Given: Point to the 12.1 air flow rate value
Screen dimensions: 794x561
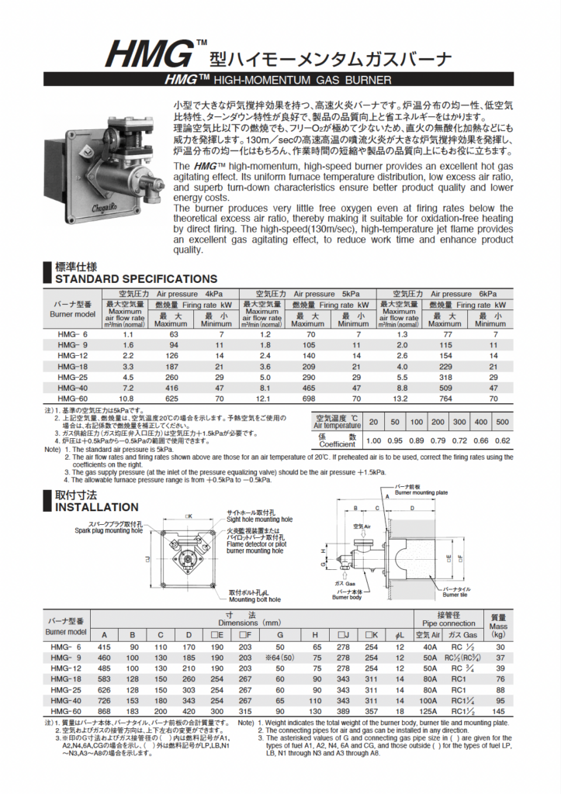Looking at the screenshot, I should click(265, 398).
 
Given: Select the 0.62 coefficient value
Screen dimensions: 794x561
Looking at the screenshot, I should click(502, 440).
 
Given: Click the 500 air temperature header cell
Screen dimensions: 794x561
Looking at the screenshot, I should click(502, 422).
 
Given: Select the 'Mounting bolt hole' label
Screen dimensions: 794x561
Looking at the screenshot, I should click(254, 599).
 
